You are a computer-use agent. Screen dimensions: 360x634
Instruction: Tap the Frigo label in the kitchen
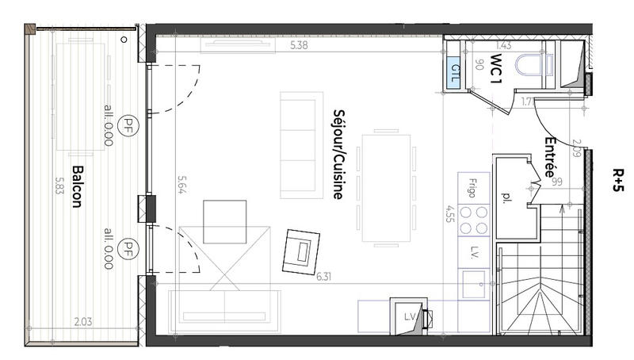tap(472, 187)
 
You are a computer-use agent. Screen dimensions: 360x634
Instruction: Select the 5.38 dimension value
tap(300, 46)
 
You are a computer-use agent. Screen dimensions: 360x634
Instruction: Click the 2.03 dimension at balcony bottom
tap(82, 322)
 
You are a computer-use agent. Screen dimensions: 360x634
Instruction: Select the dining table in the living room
tap(386, 189)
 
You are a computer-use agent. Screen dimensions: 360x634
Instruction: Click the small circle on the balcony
tap(124, 39)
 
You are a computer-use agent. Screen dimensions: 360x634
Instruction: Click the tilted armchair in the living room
tap(303, 251)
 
